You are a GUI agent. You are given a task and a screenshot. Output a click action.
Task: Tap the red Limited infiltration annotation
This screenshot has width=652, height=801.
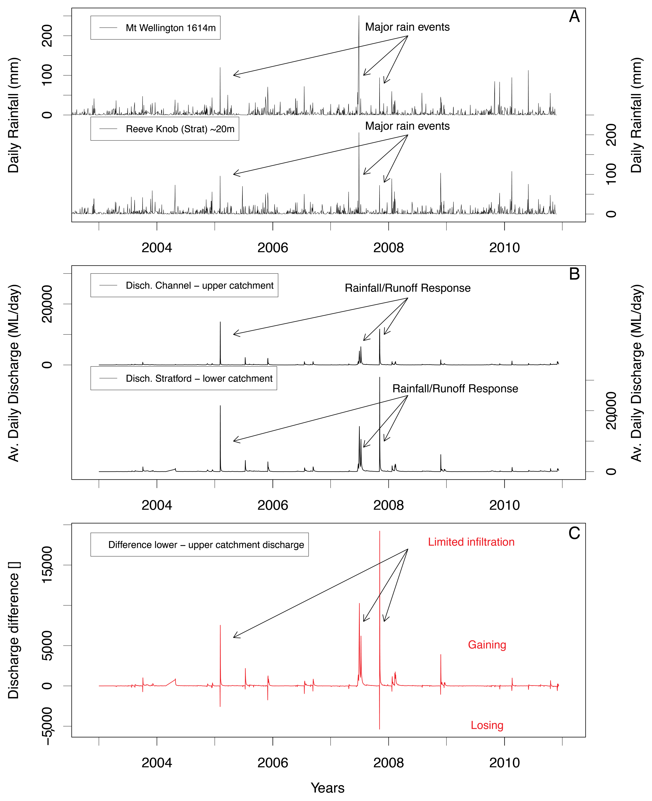(x=471, y=542)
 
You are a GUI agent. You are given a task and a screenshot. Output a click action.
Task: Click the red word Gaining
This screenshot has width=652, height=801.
(x=487, y=645)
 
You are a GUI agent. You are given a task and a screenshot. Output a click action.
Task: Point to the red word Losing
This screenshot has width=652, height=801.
(x=487, y=725)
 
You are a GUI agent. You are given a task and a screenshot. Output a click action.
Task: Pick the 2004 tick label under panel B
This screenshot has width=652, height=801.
(x=157, y=505)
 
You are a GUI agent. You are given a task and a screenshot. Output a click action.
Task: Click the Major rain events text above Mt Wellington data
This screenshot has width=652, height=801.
(x=407, y=27)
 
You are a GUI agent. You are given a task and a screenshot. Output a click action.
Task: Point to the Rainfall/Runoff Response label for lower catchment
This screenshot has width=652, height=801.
(x=455, y=388)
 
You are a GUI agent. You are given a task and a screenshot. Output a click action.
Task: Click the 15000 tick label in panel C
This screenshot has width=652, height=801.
(x=47, y=565)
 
